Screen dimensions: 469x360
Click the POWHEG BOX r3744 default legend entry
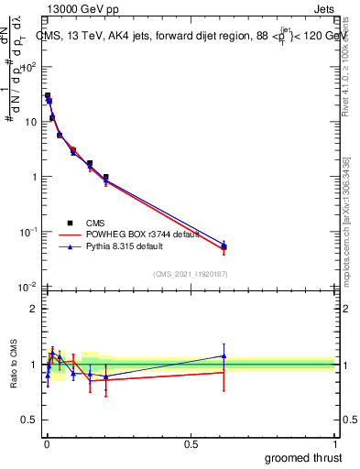click(142, 234)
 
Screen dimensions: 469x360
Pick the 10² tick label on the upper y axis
click(29, 67)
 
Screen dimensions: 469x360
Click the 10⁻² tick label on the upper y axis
click(29, 288)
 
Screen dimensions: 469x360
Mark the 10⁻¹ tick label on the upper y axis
click(29, 233)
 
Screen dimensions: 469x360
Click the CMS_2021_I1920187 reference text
click(189, 273)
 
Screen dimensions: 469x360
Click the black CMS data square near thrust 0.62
click(224, 247)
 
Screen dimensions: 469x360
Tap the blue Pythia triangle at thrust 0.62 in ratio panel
click(224, 355)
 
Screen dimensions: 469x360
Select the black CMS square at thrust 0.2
click(105, 177)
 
